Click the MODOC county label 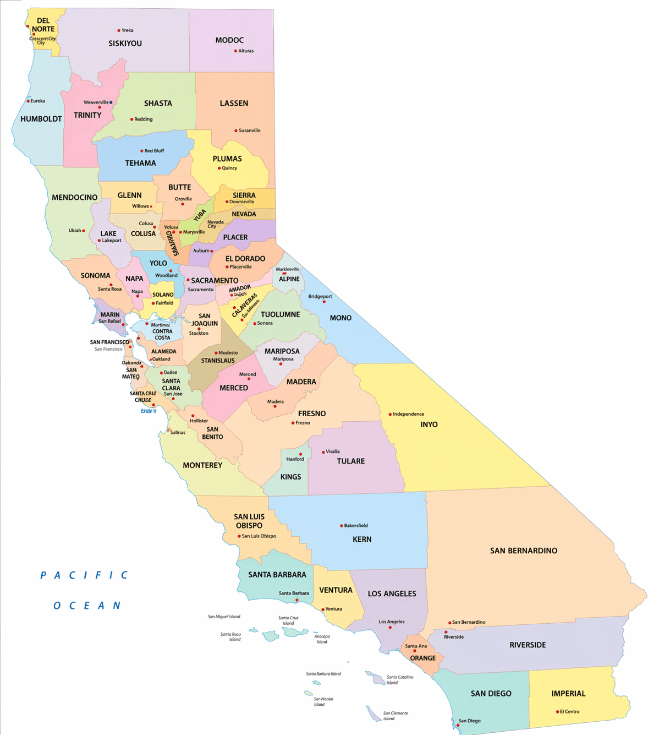(229, 40)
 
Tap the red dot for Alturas (235, 51)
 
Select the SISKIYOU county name (125, 43)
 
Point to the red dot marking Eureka (28, 101)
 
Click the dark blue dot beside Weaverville (111, 102)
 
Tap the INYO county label (429, 424)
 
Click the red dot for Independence (390, 414)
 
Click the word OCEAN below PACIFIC (86, 606)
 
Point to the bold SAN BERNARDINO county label (523, 551)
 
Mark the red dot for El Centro (557, 711)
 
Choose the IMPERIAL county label (568, 694)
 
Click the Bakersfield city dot (341, 526)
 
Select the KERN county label (362, 540)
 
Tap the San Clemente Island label (396, 716)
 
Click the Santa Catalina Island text (399, 680)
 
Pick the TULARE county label (351, 461)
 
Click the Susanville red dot (235, 131)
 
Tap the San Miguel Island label (224, 617)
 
